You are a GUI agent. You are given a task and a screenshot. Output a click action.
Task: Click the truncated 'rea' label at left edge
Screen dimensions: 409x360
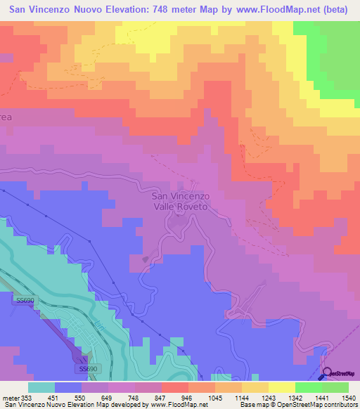tap(6, 117)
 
